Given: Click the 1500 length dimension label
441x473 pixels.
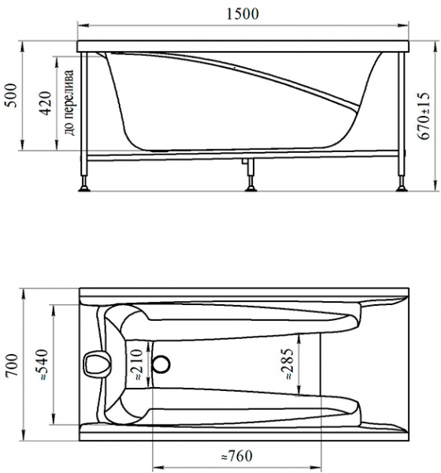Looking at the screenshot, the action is [243, 14].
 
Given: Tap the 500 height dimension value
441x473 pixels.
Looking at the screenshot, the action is [12, 95].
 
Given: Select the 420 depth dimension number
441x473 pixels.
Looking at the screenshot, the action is [46, 103].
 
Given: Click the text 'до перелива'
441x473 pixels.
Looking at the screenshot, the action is [69, 102].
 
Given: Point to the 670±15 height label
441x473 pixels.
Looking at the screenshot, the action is [424, 116].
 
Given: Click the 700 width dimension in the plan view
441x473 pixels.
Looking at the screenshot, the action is [13, 365].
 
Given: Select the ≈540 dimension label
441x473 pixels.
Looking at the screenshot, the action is [42, 365].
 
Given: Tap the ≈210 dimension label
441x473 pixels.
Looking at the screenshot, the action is [136, 365].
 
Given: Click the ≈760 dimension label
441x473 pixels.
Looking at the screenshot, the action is [236, 456].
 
